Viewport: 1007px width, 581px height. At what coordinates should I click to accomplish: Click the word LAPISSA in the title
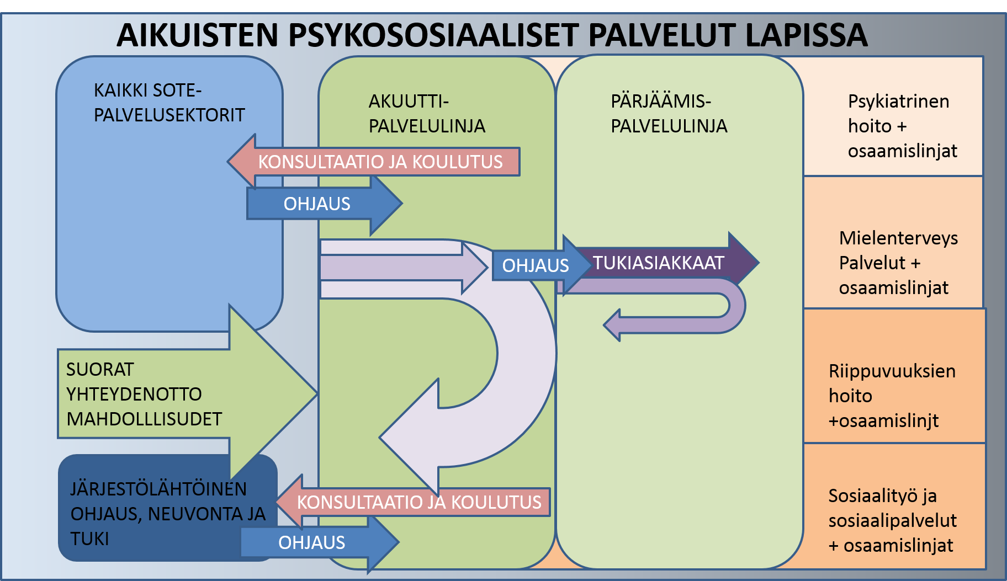coord(805,35)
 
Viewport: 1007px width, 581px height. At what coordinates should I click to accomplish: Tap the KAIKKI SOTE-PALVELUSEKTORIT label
coord(169,103)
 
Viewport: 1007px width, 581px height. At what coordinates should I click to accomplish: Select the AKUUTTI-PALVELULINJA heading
coord(427,114)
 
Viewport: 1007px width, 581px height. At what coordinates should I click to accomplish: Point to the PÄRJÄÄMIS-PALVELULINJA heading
coord(669,114)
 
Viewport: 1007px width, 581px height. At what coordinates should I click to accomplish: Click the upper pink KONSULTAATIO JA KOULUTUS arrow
coord(380,162)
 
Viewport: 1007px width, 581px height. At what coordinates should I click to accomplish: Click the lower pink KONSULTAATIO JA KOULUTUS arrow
coord(418,502)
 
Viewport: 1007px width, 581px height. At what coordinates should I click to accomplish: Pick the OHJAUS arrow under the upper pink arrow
coord(317,204)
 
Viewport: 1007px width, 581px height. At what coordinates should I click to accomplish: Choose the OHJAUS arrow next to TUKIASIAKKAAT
coord(535,265)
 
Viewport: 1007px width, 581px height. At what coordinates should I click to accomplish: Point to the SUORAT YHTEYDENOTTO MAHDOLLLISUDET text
coord(144,394)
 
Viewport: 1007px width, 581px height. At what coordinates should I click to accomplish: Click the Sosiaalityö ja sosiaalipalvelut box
coord(892,520)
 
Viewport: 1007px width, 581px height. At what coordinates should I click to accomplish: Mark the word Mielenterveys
coord(898,238)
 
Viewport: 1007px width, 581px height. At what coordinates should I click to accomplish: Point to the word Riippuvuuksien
coord(892,371)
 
